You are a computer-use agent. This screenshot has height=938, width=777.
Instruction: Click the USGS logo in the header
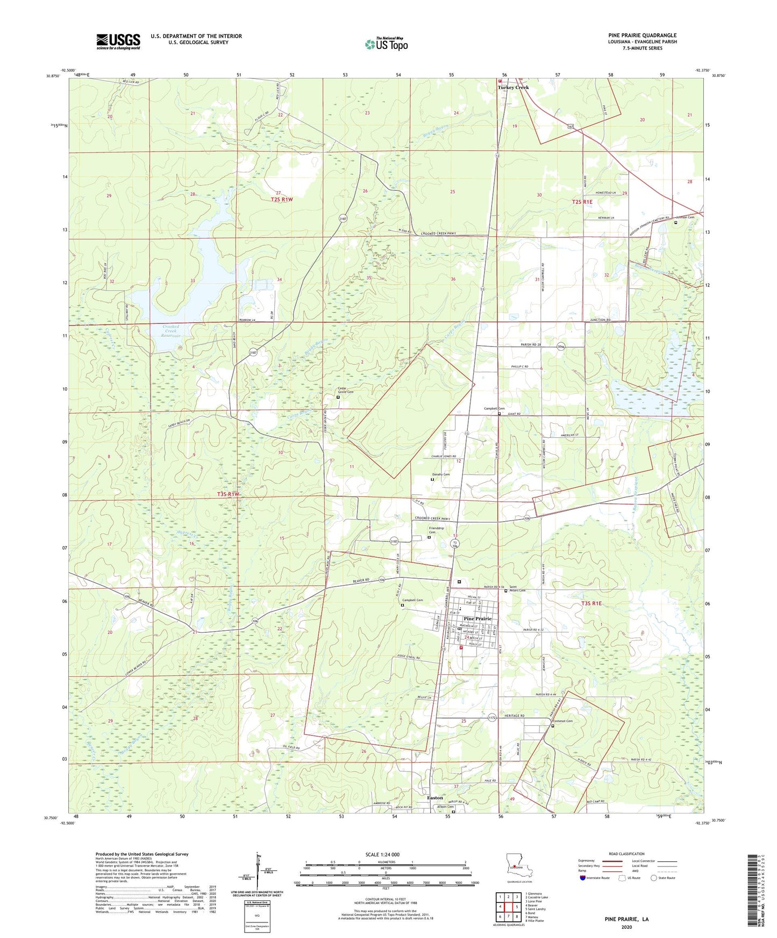click(118, 41)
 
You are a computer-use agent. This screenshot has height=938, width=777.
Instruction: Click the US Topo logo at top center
click(386, 44)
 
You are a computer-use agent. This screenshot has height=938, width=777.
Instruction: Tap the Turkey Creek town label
click(513, 87)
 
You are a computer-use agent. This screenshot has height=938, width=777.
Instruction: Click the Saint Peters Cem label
click(517, 589)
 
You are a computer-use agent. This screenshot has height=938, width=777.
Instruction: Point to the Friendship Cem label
click(436, 530)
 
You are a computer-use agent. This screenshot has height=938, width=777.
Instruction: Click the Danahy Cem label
click(441, 474)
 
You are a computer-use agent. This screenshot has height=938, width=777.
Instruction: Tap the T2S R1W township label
click(282, 199)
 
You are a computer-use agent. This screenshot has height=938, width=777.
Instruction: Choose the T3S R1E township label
click(591, 603)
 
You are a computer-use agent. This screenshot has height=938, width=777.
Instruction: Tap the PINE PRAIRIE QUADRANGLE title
click(635, 35)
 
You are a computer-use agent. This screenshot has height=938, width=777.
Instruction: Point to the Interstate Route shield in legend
click(583, 878)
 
